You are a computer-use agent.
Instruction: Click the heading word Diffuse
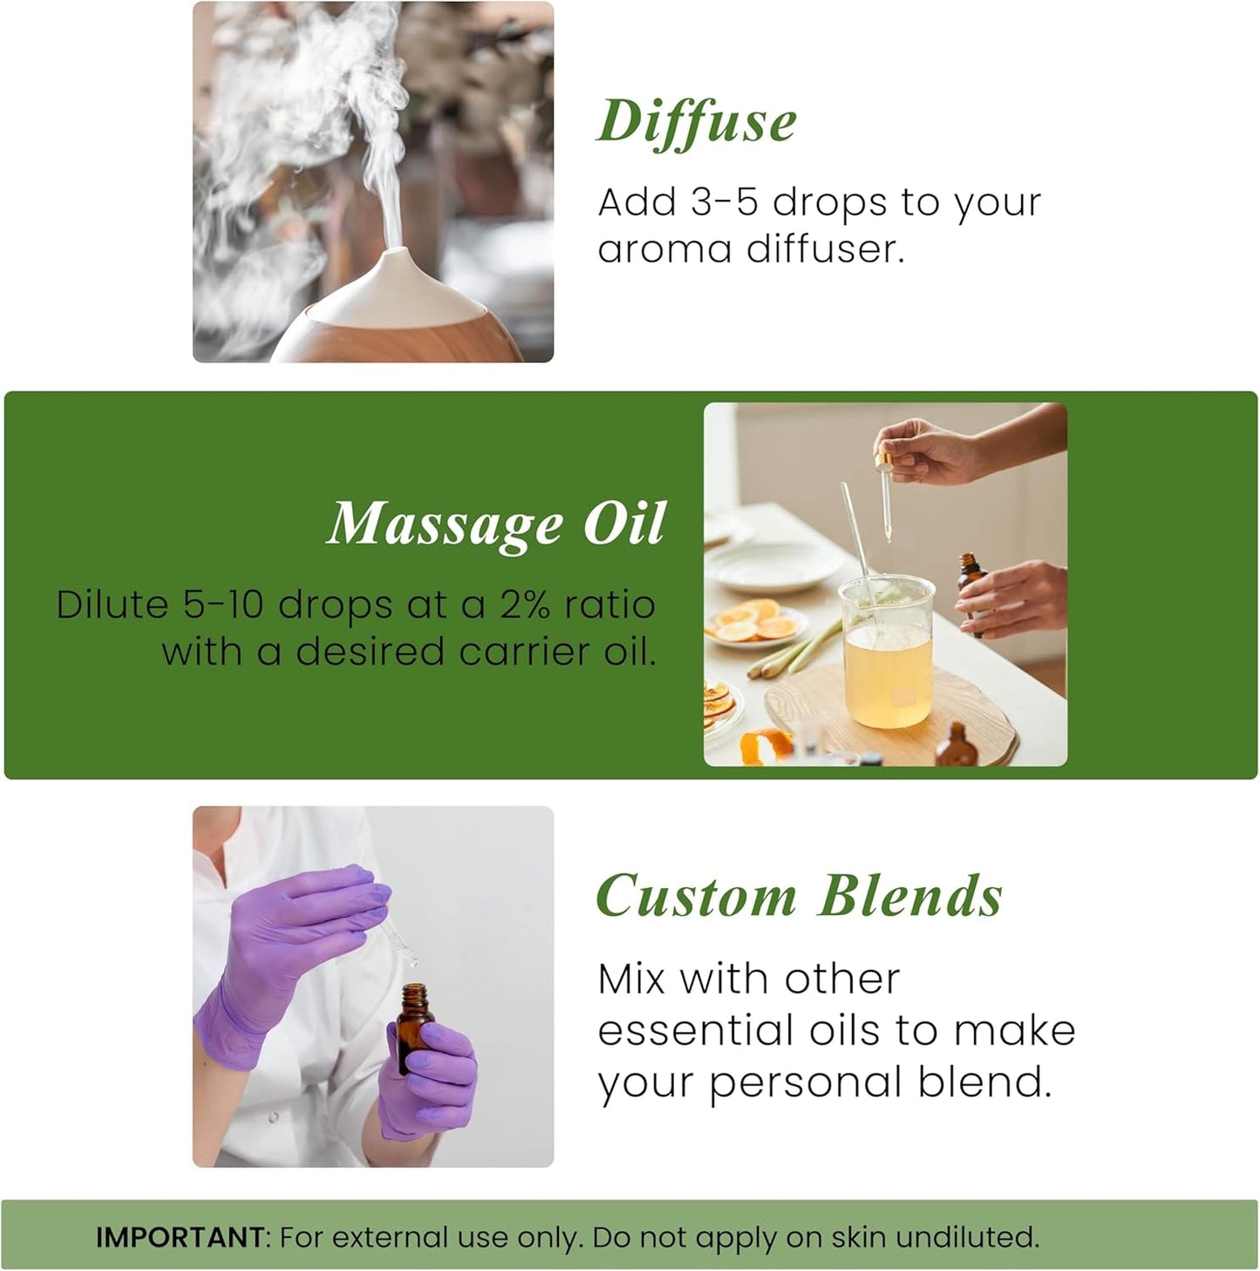click(697, 121)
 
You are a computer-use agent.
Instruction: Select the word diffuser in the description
click(824, 249)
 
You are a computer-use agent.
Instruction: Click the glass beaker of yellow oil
click(886, 654)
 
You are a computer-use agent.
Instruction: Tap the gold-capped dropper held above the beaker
click(886, 489)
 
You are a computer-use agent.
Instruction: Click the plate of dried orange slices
click(754, 624)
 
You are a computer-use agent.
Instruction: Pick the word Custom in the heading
click(696, 896)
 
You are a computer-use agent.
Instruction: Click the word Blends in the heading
click(911, 896)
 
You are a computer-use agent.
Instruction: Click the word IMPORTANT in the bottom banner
click(180, 1237)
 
